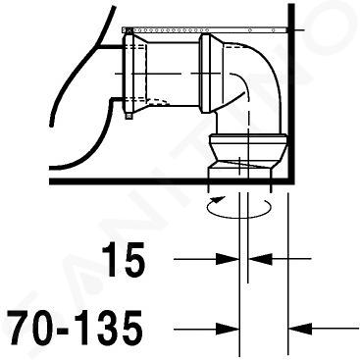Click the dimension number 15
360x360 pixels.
tap(124, 259)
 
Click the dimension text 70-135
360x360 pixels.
tap(76, 327)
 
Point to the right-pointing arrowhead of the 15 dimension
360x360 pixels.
tap(228, 259)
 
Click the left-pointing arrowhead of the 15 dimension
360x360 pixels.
tap(261, 259)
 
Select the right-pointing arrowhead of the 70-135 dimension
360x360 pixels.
tap(228, 328)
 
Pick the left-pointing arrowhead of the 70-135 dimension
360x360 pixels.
tap(300, 328)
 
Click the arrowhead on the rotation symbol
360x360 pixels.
tap(218, 199)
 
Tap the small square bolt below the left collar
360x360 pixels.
tap(129, 115)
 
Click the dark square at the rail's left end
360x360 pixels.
tap(128, 30)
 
